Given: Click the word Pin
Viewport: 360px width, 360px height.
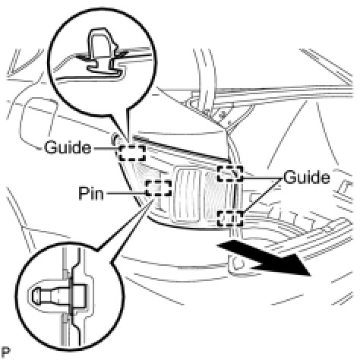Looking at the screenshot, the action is pyautogui.click(x=91, y=194).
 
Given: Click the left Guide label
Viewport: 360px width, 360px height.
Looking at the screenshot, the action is pyautogui.click(x=68, y=147).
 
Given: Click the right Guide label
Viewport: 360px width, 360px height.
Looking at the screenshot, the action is pyautogui.click(x=307, y=177).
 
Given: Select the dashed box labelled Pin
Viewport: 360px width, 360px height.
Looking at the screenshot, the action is pyautogui.click(x=159, y=188).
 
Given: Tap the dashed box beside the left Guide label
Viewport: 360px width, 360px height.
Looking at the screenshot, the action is pyautogui.click(x=132, y=153).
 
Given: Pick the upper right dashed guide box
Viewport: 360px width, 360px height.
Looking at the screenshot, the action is pyautogui.click(x=230, y=174).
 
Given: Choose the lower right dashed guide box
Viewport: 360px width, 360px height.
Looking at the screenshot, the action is pyautogui.click(x=230, y=219).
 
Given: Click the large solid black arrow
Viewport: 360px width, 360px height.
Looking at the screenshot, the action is pyautogui.click(x=264, y=258).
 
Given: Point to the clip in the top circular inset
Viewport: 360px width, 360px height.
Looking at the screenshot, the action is pyautogui.click(x=101, y=51).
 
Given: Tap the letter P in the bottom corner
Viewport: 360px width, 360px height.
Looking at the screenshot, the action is pyautogui.click(x=6, y=352).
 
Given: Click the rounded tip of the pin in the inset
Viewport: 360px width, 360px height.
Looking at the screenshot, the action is pyautogui.click(x=36, y=296).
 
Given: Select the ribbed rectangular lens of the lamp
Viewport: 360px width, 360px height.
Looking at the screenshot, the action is pyautogui.click(x=188, y=194).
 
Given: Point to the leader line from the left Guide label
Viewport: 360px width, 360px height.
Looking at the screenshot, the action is pyautogui.click(x=106, y=148).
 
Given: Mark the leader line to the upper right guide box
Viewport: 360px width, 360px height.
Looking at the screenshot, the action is pyautogui.click(x=263, y=178).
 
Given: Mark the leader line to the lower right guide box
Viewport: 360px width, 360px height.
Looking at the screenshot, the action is pyautogui.click(x=263, y=194).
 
